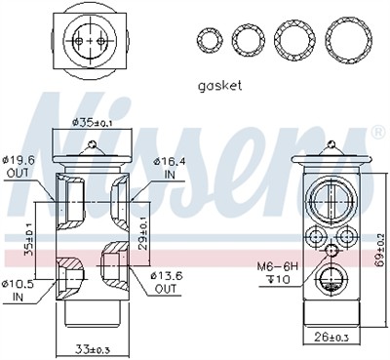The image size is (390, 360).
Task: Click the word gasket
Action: coord(220,86)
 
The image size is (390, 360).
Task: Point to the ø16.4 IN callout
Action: coord(170,168)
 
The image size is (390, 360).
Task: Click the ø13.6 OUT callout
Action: coord(166,282)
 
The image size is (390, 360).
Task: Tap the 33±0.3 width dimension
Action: coord(93,349)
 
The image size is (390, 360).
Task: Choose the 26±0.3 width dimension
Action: coord(331,338)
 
